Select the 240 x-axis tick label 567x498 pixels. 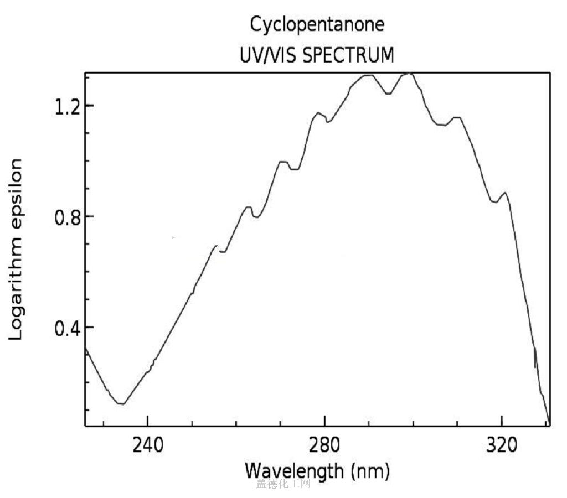pos(147,445)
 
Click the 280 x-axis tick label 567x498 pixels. pos(324,445)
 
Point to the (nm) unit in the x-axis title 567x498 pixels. pos(369,472)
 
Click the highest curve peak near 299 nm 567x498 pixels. pos(408,74)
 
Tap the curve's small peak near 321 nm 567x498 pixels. pos(504,193)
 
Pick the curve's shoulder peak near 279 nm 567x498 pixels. pos(318,113)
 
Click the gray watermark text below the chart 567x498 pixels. pos(283,485)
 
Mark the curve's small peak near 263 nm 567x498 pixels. pos(249,207)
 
